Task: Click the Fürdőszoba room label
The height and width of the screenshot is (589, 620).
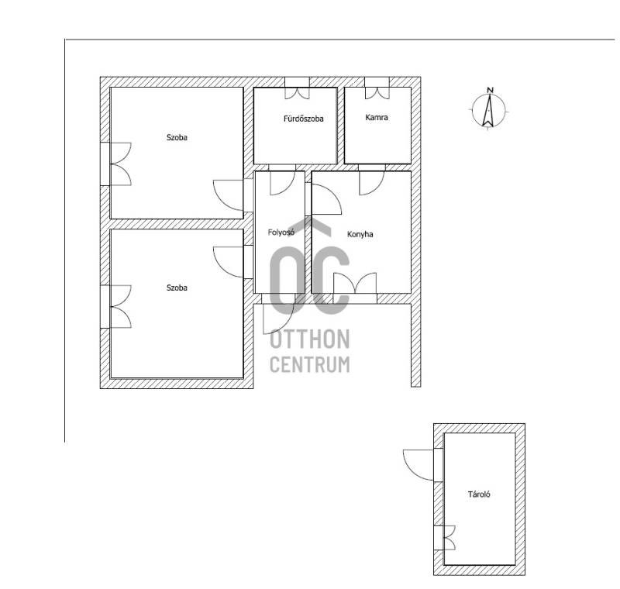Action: pos(303,119)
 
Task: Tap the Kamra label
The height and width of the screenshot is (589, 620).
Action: pos(377,117)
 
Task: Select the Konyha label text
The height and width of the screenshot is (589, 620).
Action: pos(360,234)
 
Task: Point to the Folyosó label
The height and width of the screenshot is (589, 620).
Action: pos(281,232)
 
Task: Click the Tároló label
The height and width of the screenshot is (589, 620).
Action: pos(479,494)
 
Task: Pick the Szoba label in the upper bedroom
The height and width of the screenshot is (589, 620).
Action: pos(177,138)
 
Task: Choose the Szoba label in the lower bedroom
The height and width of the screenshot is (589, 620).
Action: pos(177,288)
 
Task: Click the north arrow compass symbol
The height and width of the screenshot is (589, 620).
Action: pos(489,111)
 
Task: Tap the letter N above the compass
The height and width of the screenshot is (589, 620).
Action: pos(491,90)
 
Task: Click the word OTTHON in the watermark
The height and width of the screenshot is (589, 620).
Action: pos(310,339)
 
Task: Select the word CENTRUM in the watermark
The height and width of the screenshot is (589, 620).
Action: pos(310,364)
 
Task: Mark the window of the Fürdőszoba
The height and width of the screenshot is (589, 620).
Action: pos(297,88)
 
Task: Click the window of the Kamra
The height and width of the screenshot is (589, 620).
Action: pos(377,88)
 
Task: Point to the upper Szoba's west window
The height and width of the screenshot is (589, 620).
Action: pos(115,164)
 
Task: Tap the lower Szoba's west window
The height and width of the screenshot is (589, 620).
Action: pos(115,306)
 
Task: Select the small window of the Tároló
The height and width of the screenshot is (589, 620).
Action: pos(445,538)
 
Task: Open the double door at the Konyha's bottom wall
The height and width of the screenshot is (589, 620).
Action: pos(355,288)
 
